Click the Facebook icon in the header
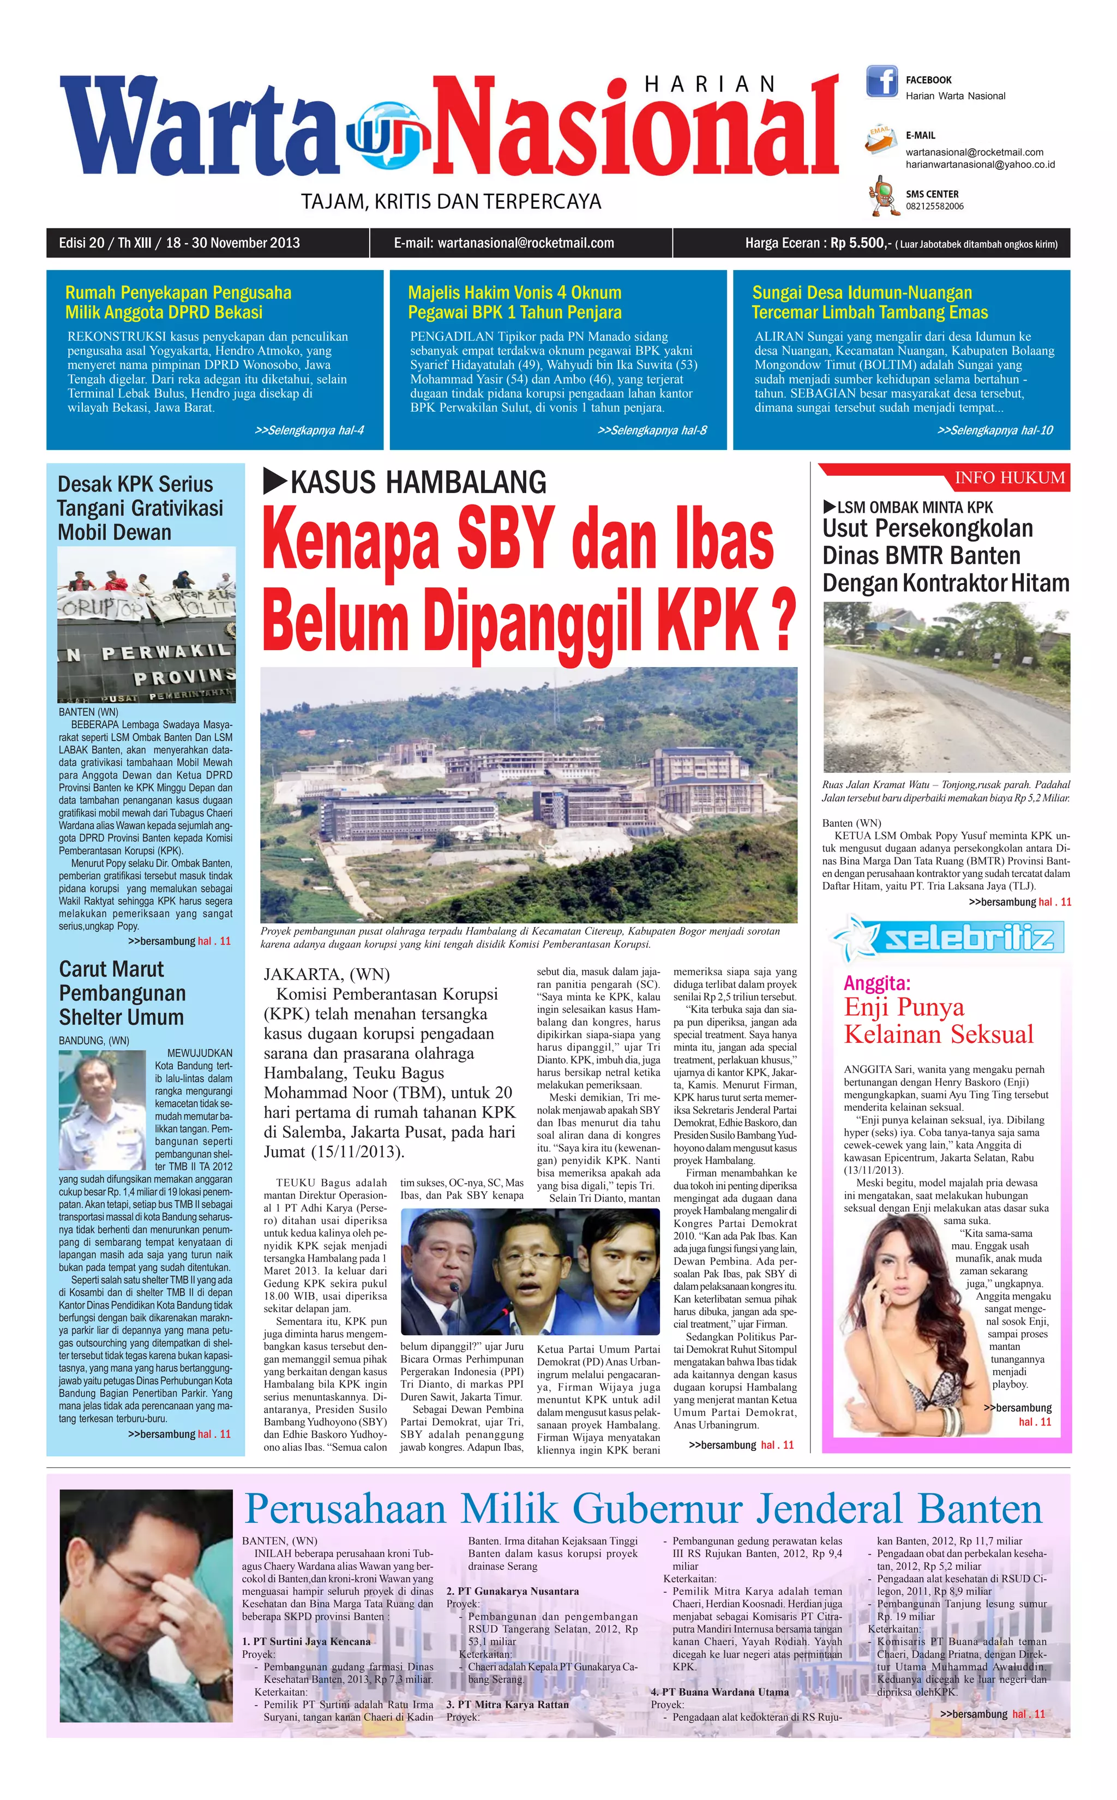881,82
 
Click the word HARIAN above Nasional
710,84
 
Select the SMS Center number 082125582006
934,207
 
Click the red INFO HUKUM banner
1009,478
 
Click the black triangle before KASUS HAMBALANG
275,482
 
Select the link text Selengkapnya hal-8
652,430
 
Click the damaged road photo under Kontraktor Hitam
946,687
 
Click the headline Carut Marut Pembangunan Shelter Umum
122,993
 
